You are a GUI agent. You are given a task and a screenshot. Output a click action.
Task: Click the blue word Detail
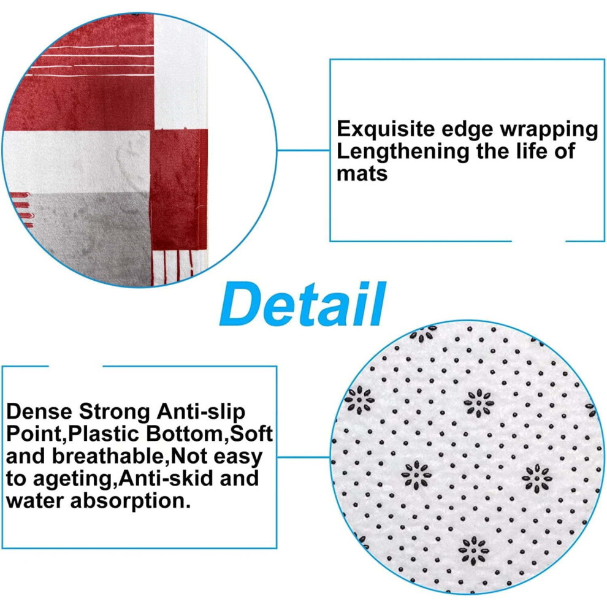[303, 304]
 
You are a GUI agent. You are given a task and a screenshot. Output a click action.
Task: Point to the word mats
[362, 174]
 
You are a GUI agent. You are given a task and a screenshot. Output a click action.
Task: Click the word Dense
[40, 411]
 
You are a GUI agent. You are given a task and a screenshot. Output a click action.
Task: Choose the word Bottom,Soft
[210, 434]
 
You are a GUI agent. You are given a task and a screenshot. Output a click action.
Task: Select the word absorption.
[131, 502]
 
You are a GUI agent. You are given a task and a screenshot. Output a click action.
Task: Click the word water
[35, 501]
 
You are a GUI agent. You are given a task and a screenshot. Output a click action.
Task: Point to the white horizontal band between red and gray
[77, 161]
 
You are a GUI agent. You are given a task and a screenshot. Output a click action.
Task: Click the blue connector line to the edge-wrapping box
[303, 150]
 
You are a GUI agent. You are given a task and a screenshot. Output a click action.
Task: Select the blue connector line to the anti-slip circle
[304, 457]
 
